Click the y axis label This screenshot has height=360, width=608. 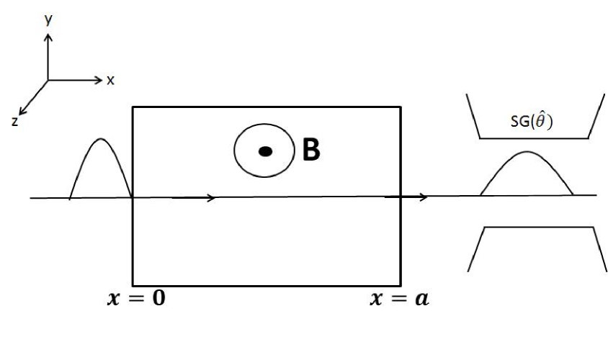coord(48,20)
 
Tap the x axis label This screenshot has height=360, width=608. coord(110,81)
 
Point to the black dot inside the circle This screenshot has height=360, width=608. coord(265,151)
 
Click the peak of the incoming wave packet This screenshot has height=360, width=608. coord(99,139)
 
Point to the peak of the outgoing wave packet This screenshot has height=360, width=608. coord(527,152)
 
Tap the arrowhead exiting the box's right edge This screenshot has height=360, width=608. coord(424,196)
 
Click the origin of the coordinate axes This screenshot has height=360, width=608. coord(48,80)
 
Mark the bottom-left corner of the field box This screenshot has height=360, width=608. coord(133,284)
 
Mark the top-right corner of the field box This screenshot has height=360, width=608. coord(400,107)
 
